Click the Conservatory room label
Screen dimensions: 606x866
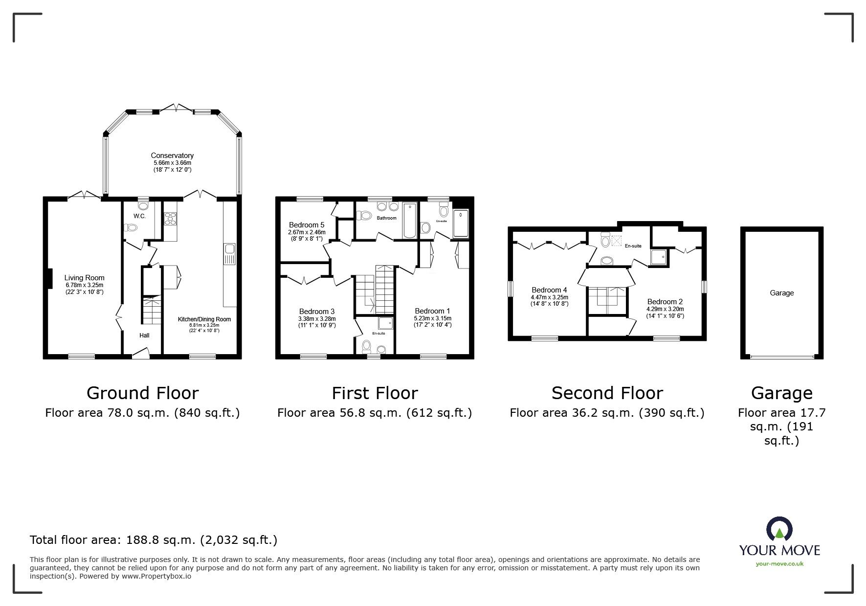pyautogui.click(x=172, y=156)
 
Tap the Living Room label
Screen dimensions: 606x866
pyautogui.click(x=84, y=278)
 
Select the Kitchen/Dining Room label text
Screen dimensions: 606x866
pyautogui.click(x=204, y=319)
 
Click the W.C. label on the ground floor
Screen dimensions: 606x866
pyautogui.click(x=139, y=216)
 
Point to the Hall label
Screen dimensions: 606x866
pyautogui.click(x=144, y=336)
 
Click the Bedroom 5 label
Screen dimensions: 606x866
pyautogui.click(x=306, y=225)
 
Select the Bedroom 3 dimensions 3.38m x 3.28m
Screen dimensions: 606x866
pyautogui.click(x=317, y=319)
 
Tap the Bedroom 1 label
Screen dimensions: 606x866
pyautogui.click(x=432, y=311)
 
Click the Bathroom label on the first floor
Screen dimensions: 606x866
pyautogui.click(x=386, y=218)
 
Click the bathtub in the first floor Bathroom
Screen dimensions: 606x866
pyautogui.click(x=409, y=221)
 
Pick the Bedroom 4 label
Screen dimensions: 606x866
pyautogui.click(x=549, y=290)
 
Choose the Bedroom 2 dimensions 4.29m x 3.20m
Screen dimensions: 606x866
pyautogui.click(x=665, y=309)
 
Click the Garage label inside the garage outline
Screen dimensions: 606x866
pyautogui.click(x=781, y=293)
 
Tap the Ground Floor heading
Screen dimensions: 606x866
pyautogui.click(x=142, y=393)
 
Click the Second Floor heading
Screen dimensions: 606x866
pyautogui.click(x=607, y=393)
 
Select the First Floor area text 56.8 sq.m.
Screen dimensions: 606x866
pyautogui.click(x=374, y=413)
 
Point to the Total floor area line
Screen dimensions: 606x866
pyautogui.click(x=154, y=540)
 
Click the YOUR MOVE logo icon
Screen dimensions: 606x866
pyautogui.click(x=779, y=529)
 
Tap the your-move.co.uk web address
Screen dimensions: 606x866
pyautogui.click(x=779, y=564)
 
